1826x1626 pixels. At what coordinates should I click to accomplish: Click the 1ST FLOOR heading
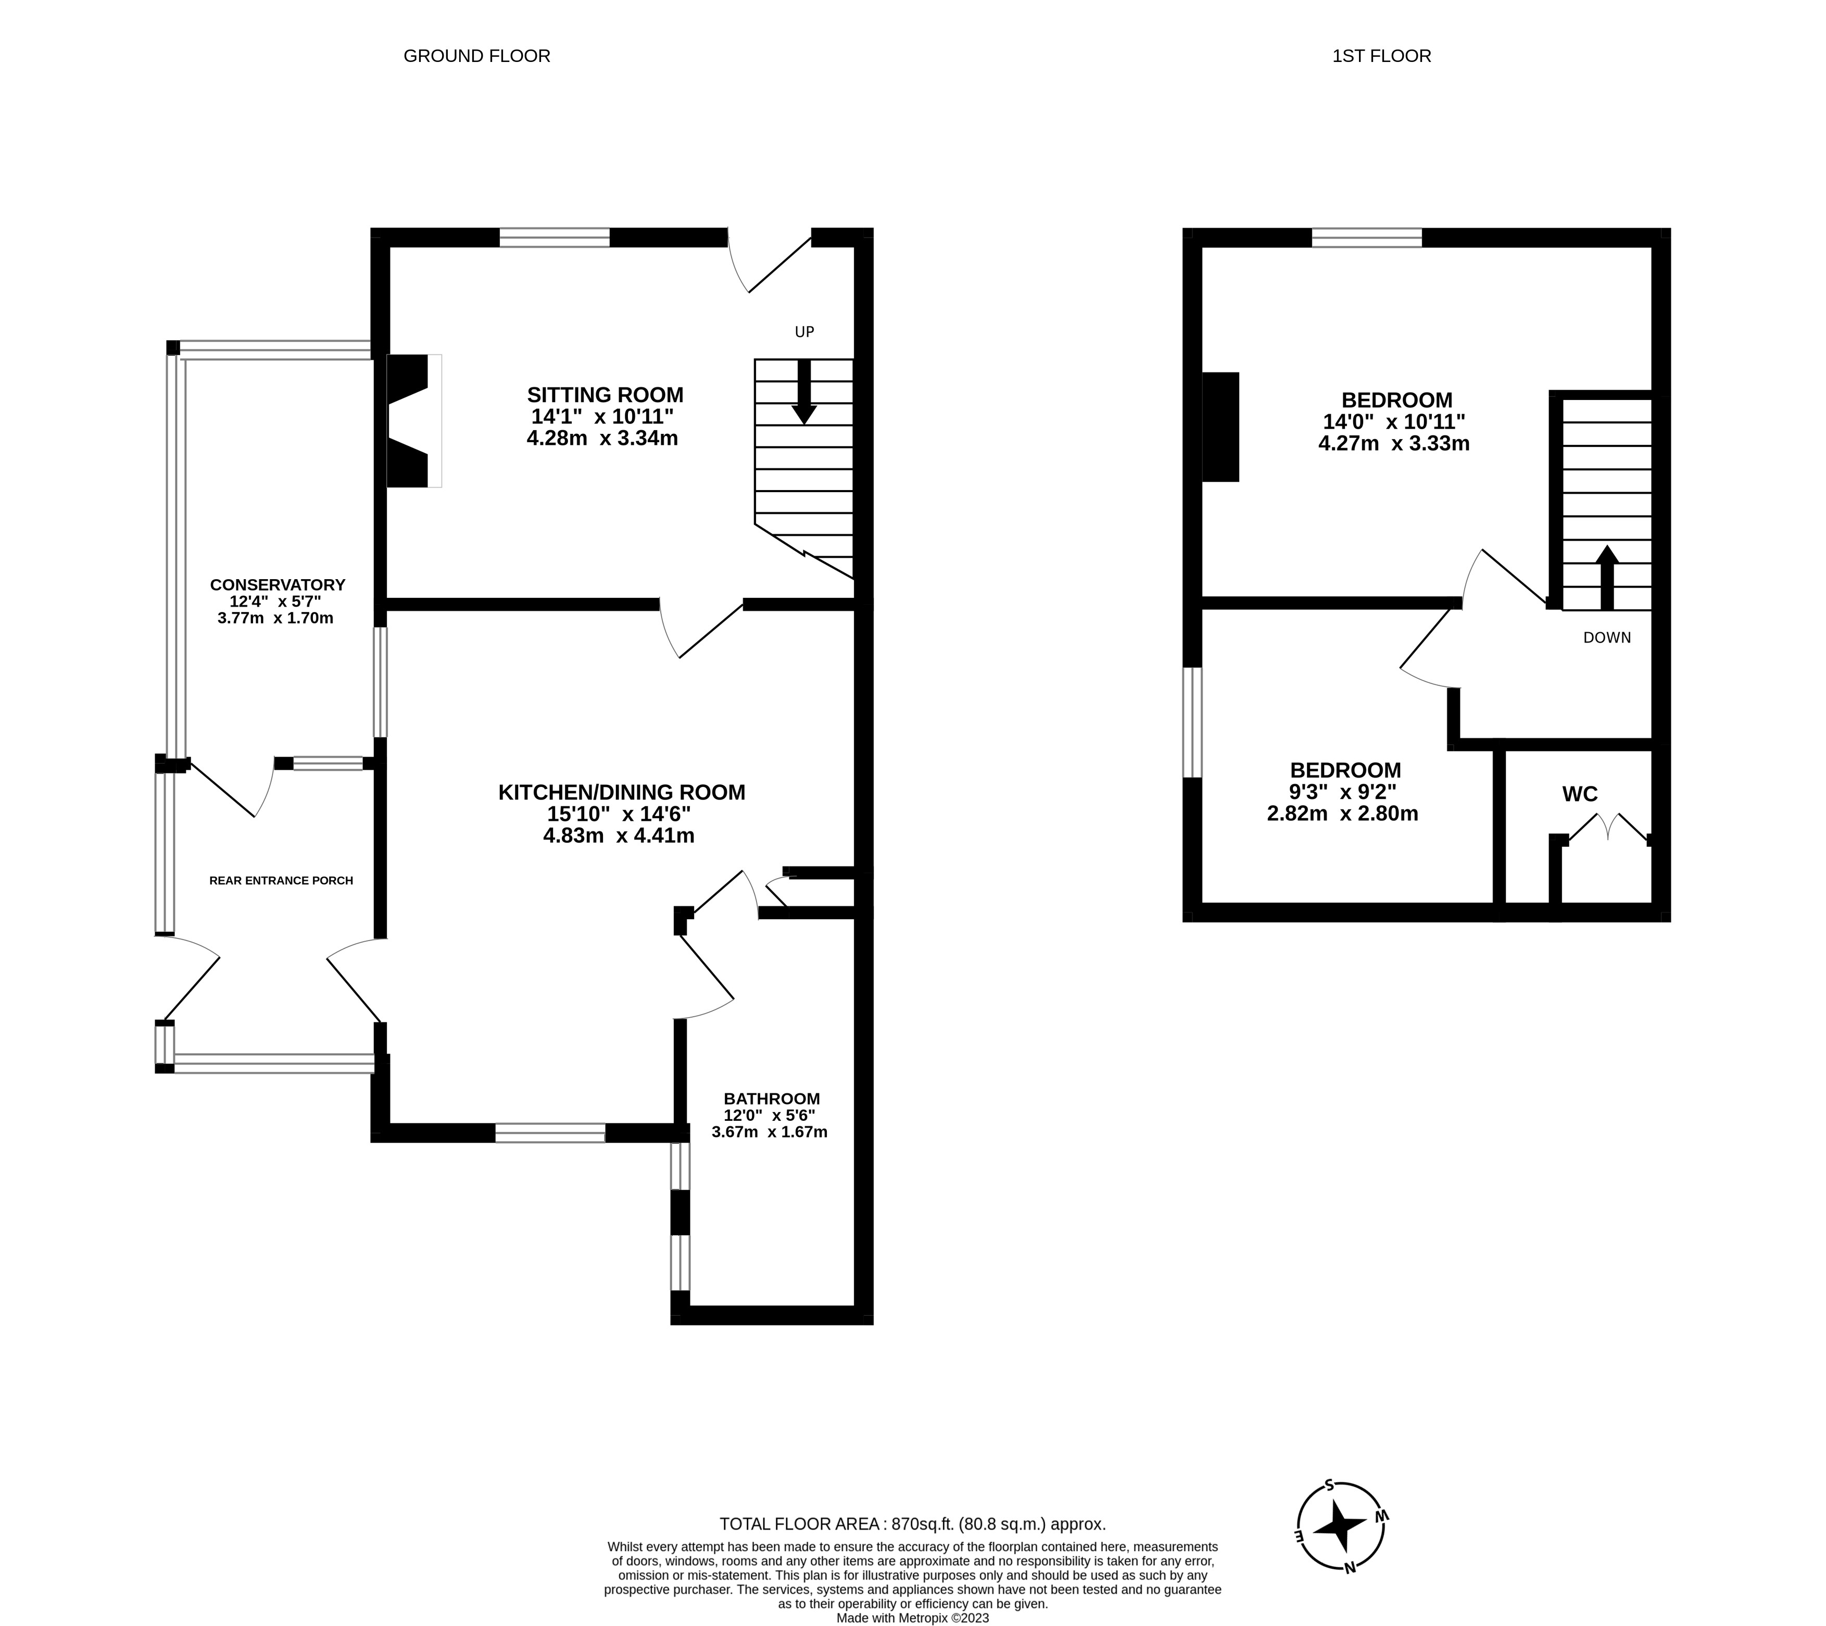pyautogui.click(x=1381, y=55)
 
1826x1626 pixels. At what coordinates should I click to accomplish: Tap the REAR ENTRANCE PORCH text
pyautogui.click(x=281, y=881)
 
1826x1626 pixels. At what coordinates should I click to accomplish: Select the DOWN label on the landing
pyautogui.click(x=1606, y=638)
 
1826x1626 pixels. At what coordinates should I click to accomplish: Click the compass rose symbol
pyautogui.click(x=1340, y=1551)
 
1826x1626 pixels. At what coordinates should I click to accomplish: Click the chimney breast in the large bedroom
pyautogui.click(x=1220, y=427)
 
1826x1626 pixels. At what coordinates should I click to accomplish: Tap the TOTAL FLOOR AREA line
pyautogui.click(x=912, y=1524)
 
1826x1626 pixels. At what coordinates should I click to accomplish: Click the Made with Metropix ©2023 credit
pyautogui.click(x=912, y=1618)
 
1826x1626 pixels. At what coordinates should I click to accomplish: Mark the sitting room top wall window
pyautogui.click(x=554, y=237)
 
